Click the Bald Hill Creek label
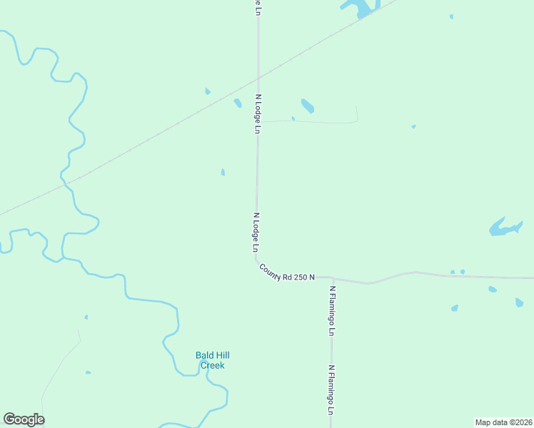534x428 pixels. point(212,360)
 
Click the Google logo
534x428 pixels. point(24,419)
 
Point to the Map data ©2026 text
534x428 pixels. point(503,422)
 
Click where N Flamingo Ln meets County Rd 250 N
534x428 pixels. point(331,277)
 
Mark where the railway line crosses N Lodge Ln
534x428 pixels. point(258,76)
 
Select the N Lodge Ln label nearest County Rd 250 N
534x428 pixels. point(255,233)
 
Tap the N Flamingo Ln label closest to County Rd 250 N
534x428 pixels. point(332,310)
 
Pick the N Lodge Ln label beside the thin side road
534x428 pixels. point(258,113)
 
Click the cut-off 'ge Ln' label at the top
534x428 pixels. point(256,6)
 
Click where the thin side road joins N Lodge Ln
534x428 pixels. point(258,122)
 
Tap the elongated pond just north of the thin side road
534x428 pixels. point(307,106)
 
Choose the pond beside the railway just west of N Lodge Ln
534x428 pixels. point(238,103)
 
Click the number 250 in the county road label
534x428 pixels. point(298,275)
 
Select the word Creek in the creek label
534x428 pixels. point(212,365)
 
